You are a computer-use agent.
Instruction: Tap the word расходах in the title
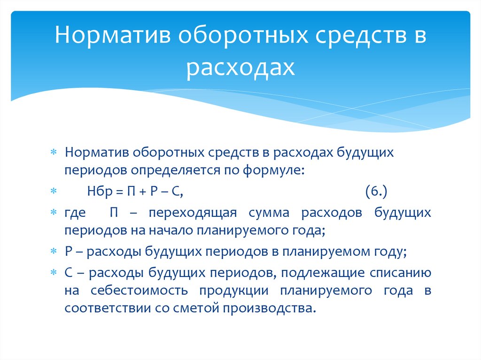pyautogui.click(x=240, y=67)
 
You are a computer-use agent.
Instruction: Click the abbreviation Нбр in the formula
pyautogui.click(x=98, y=191)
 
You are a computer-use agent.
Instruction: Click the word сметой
pyautogui.click(x=201, y=308)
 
